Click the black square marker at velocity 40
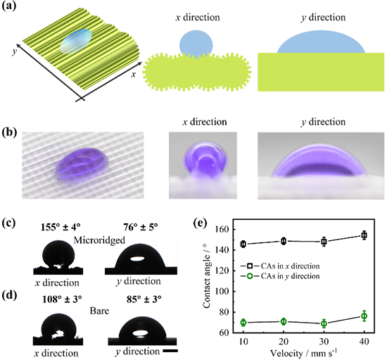364,235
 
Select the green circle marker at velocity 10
243,322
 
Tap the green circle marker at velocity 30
324,323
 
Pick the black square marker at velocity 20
284,241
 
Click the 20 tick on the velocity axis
284,342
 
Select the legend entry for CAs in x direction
280,266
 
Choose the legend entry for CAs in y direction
280,275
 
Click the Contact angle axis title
207,275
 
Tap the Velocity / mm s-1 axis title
303,353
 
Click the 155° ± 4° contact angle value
61,227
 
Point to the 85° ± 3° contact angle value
144,299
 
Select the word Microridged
99,240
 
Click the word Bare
99,311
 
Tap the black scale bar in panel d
170,351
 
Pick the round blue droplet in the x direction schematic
196,44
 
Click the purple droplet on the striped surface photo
82,165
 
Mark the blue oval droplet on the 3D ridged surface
76,42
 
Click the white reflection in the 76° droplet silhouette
137,259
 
